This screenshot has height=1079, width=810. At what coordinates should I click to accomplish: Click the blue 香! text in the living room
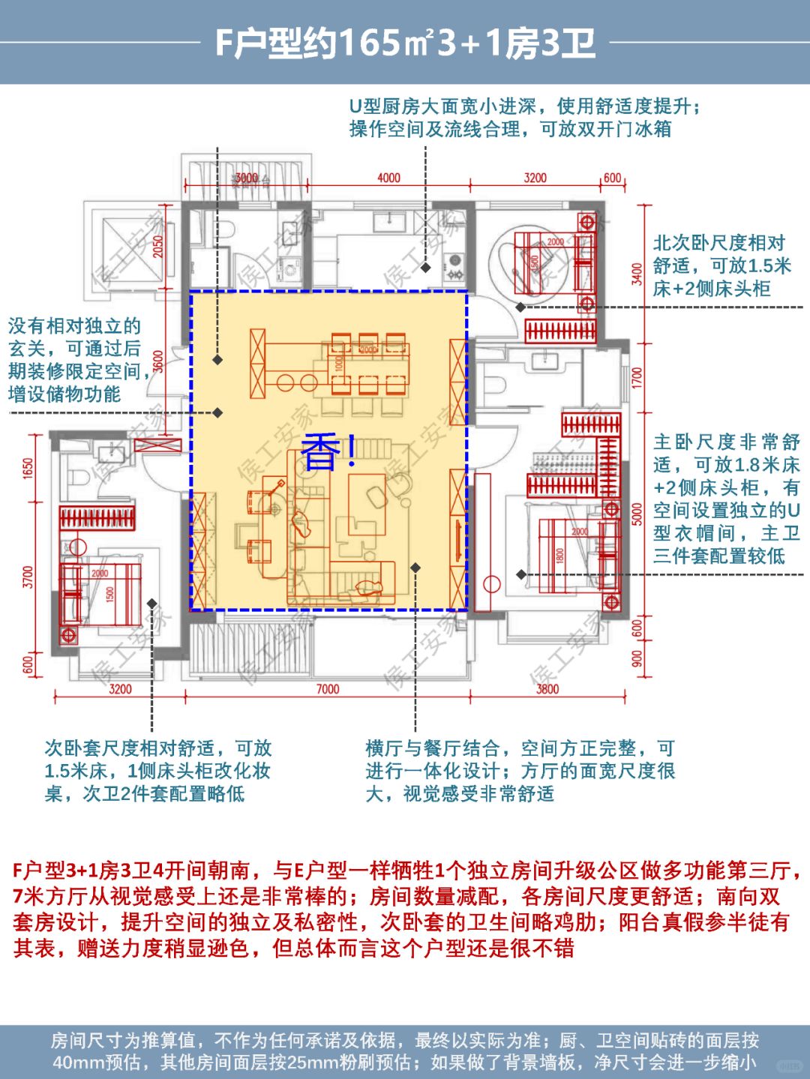(328, 452)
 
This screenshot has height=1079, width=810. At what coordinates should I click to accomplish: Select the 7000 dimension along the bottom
(327, 688)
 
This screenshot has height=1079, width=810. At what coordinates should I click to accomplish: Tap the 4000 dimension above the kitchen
(388, 178)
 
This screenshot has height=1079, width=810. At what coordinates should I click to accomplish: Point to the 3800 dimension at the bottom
(547, 688)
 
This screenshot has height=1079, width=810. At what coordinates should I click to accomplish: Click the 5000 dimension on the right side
(637, 514)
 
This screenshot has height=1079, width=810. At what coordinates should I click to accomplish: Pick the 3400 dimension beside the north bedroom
(637, 274)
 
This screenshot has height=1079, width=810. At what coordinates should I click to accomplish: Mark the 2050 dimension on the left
(158, 247)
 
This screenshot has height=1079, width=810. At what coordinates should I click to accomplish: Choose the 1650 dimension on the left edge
(28, 469)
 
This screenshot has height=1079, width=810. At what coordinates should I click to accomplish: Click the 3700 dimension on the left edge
(28, 577)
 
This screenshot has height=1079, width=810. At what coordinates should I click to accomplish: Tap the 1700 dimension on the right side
(637, 377)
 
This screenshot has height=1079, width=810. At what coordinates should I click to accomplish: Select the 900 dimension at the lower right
(637, 658)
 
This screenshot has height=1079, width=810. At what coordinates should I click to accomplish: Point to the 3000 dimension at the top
(246, 178)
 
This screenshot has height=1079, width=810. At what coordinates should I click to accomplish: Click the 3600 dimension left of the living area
(158, 361)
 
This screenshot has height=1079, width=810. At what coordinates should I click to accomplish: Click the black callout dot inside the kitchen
(425, 268)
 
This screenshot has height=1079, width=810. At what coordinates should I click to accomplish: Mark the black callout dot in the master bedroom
(520, 574)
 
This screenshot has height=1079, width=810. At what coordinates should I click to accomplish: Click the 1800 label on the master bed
(559, 556)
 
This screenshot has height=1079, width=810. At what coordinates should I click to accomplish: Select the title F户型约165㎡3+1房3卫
(405, 43)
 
